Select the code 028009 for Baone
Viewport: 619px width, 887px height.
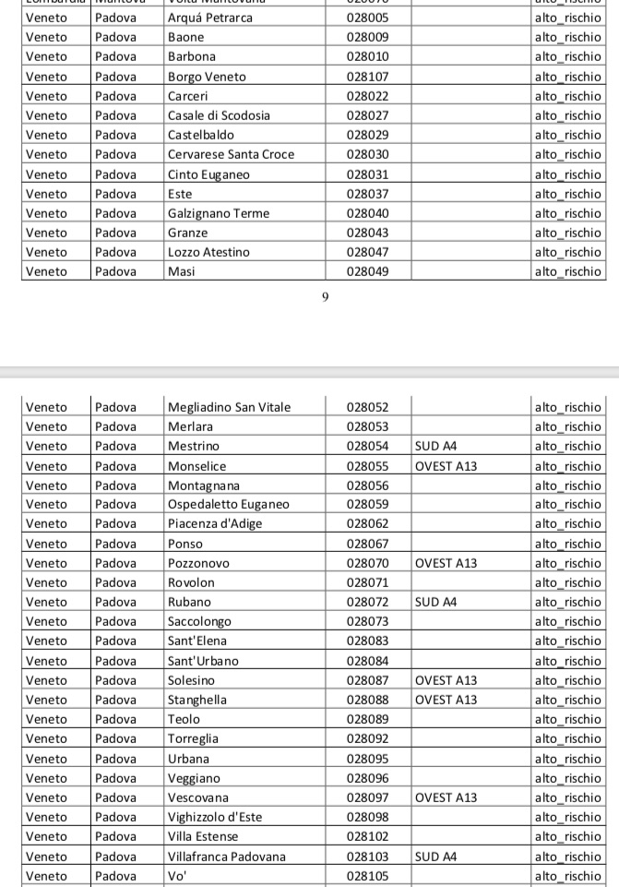point(367,37)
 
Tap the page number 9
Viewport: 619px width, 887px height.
point(326,297)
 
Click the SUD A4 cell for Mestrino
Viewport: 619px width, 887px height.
point(436,446)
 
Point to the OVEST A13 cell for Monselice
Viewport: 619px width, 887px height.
point(446,466)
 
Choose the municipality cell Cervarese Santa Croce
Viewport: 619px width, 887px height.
point(231,154)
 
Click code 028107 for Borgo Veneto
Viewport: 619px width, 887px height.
point(367,77)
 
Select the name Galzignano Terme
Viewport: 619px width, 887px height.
point(219,213)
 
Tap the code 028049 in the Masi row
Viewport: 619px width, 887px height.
point(367,271)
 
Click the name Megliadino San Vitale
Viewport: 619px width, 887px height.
point(229,407)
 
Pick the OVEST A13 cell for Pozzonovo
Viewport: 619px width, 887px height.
point(446,563)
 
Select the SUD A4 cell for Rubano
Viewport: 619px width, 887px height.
point(436,602)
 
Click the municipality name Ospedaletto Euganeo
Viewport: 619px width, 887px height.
point(228,504)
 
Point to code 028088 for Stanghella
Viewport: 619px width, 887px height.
point(367,700)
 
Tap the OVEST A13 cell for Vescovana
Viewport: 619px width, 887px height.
point(446,797)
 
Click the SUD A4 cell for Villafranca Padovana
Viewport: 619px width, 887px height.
point(436,857)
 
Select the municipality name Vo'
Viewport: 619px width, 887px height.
point(176,876)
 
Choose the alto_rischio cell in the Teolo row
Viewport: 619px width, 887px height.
point(568,719)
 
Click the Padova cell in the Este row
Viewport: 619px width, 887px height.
point(115,194)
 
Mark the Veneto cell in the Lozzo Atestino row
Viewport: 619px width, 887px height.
point(46,252)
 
